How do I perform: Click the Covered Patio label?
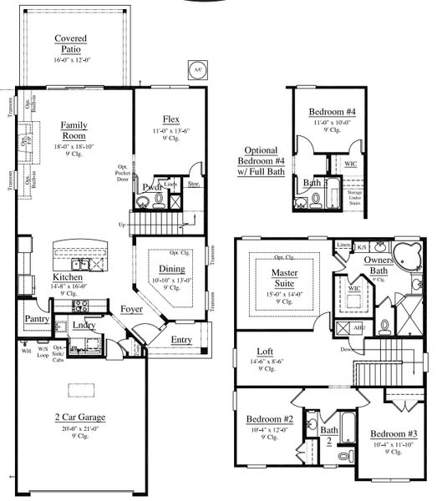coord(73,44)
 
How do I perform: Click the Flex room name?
coord(171,119)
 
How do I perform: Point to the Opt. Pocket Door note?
coord(123,173)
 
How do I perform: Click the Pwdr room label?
coord(152,187)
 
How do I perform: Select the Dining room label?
coord(171,269)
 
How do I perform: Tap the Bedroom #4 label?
coord(332,112)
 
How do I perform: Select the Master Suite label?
coord(284,277)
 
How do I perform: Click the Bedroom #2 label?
coord(268,419)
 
